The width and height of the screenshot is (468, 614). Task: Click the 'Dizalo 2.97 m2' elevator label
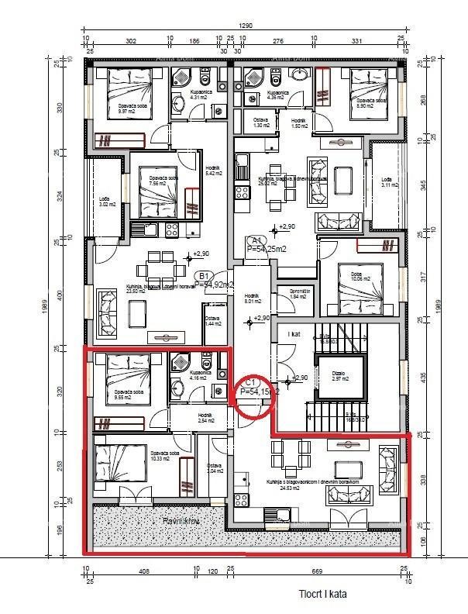[x=339, y=374]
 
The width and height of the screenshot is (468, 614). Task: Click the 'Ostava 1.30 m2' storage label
[x=261, y=122]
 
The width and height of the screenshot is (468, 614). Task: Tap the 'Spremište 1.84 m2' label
[x=300, y=295]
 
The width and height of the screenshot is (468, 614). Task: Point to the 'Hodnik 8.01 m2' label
[x=251, y=298]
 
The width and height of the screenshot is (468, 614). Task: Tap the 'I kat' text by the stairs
[x=294, y=334]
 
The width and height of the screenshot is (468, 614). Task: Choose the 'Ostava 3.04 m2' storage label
[x=215, y=468]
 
